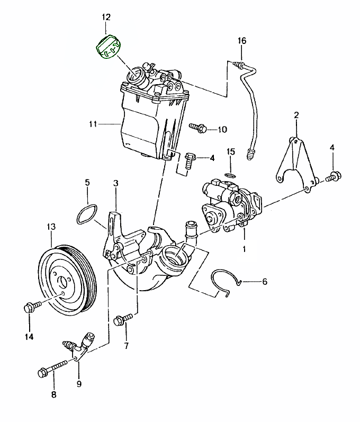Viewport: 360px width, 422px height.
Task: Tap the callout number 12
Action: coord(106,17)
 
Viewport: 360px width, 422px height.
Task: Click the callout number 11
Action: coord(94,124)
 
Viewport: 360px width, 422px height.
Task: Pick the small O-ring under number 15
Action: coord(231,175)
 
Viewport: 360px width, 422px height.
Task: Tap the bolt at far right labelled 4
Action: coord(334,177)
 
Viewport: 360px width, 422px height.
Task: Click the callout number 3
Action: coord(116,184)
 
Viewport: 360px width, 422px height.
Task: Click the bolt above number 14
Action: coord(29,308)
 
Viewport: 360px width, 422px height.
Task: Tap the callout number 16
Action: coord(242,41)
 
